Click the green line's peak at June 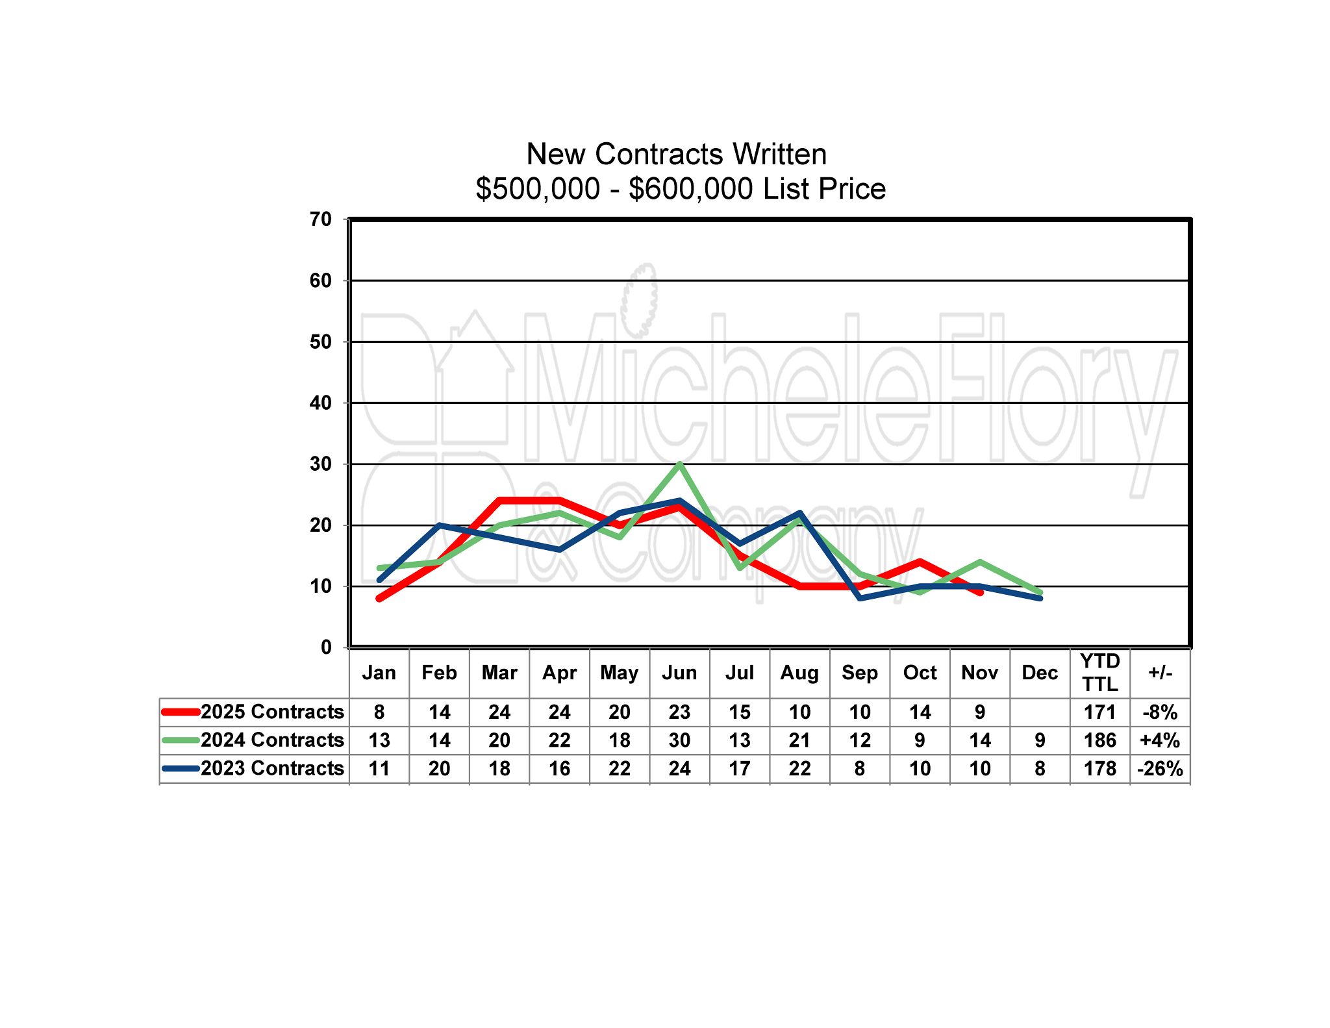[x=679, y=464]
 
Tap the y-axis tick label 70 [x=321, y=219]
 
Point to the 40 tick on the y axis [x=321, y=403]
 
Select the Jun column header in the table [x=679, y=673]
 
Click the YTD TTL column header [x=1099, y=673]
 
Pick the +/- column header [x=1160, y=673]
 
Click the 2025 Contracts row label [x=272, y=712]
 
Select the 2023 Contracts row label [x=272, y=768]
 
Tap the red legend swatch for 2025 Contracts [x=180, y=712]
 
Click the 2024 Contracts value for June [x=679, y=740]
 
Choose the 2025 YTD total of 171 [x=1099, y=712]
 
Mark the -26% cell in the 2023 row [x=1160, y=769]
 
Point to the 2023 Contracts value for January [x=379, y=769]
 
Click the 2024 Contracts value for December [x=1040, y=740]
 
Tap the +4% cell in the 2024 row [x=1160, y=740]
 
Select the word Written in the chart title [x=780, y=155]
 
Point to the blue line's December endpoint [x=1040, y=598]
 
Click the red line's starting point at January [x=379, y=598]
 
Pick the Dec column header [x=1040, y=673]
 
